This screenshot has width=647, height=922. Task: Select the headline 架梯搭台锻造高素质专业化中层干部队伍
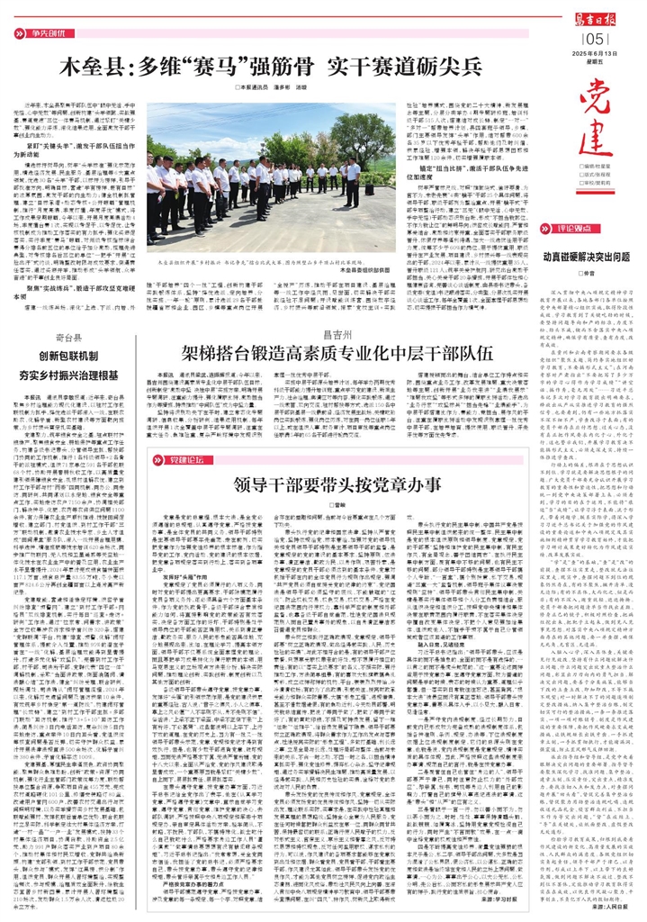pyautogui.click(x=332, y=325)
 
